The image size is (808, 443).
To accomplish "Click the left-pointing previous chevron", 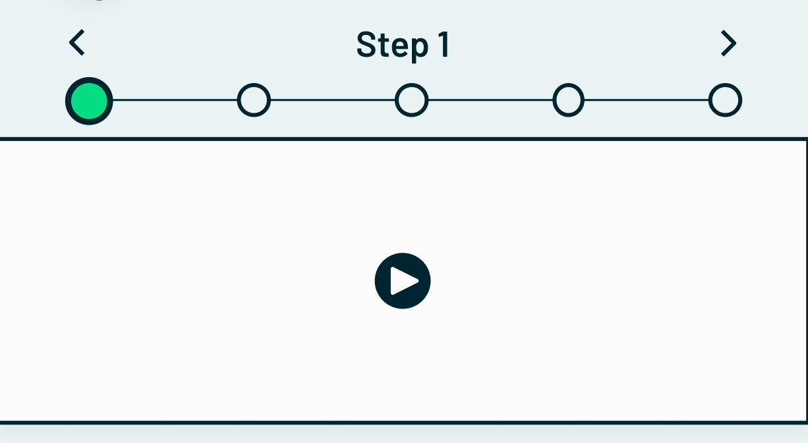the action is coord(77,44).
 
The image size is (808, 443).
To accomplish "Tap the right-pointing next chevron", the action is coord(728,44).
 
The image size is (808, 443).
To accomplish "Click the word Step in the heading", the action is coord(392,45).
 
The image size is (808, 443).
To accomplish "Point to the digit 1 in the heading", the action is coord(443,45).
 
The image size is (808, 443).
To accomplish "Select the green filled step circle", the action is coord(89,101).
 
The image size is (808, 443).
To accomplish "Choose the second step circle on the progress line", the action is coord(254,101).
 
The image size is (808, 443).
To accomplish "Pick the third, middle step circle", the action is coord(411,101).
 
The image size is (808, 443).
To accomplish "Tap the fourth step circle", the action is coord(568,101).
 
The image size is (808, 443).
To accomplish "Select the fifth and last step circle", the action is coord(725,101).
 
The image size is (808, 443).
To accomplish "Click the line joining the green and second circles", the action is coord(175,101).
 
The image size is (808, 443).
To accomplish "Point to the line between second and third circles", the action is coord(333,101).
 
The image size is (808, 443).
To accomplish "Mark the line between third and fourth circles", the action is coord(490,101).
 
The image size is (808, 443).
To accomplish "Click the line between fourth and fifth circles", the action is coord(647,101).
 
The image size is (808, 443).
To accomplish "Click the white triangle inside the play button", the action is coord(403,281).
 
